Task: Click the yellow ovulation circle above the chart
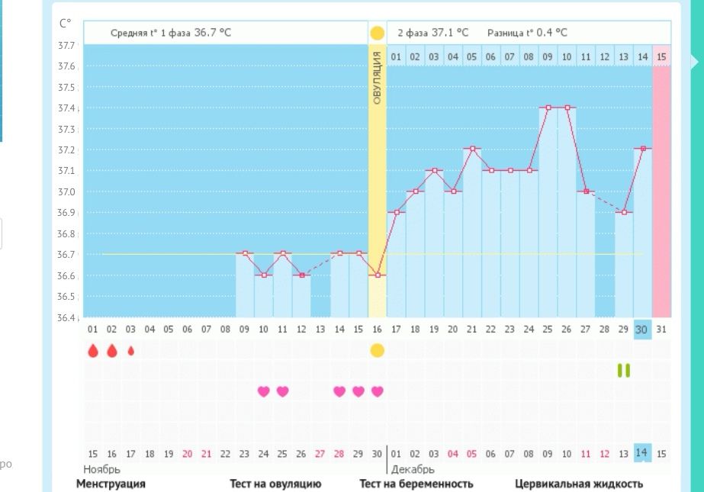point(377,34)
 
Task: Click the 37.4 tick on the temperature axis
point(67,108)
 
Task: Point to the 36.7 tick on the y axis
point(67,254)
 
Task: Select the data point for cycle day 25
point(548,108)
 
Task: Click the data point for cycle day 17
point(396,212)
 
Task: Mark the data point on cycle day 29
point(624,212)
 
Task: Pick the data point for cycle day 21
point(472,149)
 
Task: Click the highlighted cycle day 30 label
point(642,329)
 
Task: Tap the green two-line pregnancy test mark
point(624,370)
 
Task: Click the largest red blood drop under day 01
point(93,350)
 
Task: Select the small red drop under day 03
point(130,351)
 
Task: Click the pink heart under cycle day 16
point(377,391)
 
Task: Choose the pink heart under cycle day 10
point(263,391)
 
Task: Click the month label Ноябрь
point(101,469)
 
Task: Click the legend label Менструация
point(111,484)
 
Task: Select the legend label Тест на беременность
point(416,484)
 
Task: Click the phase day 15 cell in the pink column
point(661,56)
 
